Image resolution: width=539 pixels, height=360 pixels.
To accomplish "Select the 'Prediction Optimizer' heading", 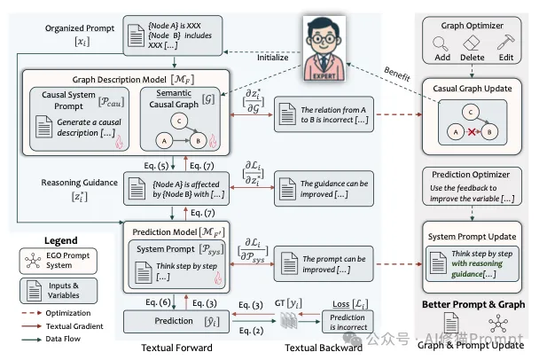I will [x=474, y=175].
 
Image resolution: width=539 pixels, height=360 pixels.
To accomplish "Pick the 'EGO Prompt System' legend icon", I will [x=33, y=262].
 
